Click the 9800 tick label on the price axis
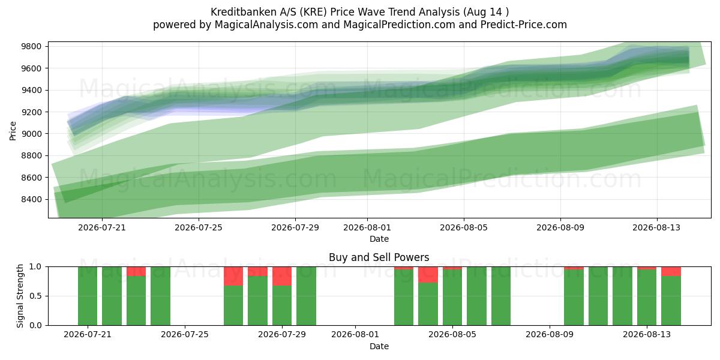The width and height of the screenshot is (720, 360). pos(31,46)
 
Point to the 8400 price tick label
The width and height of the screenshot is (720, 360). pos(31,199)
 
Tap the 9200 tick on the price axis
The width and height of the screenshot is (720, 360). pos(31,112)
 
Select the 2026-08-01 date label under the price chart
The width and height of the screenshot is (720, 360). pos(367,227)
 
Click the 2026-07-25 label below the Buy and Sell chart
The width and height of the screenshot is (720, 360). pos(185,334)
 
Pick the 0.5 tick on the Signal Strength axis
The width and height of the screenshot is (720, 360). pos(35,296)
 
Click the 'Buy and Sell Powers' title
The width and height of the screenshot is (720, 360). pos(379,257)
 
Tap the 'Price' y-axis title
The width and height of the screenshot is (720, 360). pos(13,131)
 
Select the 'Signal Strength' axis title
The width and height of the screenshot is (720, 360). pos(20,296)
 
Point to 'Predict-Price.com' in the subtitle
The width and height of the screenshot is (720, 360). pos(524,25)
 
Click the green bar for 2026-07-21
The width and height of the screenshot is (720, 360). pos(88,296)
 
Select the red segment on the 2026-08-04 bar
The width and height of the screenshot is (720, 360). pos(428,275)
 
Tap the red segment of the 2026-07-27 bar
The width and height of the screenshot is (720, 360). pos(233,276)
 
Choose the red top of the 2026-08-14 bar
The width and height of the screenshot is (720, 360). pos(671,271)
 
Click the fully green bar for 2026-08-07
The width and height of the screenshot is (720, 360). pos(501,296)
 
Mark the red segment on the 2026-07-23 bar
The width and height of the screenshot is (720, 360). pos(136,271)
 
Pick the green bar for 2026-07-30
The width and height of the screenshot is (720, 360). pos(306,296)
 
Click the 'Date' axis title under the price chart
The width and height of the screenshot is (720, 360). pos(379,239)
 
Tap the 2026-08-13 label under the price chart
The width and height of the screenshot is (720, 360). pos(656,227)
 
